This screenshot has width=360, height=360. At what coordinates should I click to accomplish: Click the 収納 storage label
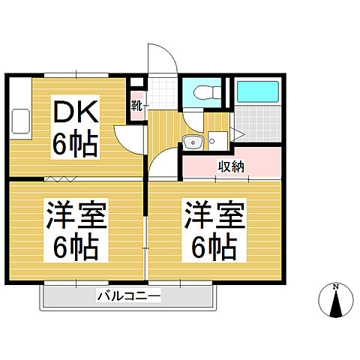[x=230, y=166]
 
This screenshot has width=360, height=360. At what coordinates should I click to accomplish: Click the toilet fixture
[x=204, y=94]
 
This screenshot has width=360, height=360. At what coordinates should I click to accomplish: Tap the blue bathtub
[x=257, y=92]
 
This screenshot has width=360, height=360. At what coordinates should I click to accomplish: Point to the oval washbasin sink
[x=193, y=141]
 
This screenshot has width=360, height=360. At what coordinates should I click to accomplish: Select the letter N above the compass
[x=337, y=286]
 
